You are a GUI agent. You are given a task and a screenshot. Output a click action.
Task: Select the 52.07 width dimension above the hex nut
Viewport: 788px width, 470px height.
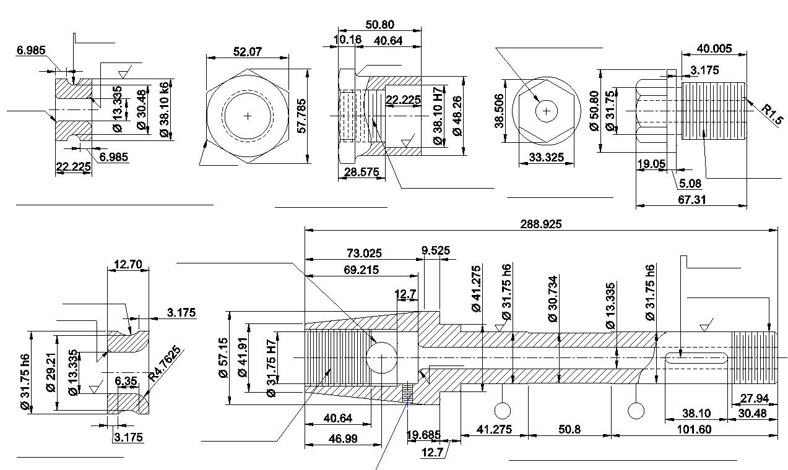coord(248,52)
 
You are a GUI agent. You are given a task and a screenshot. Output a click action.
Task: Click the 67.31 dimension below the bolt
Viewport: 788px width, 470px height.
coord(691,200)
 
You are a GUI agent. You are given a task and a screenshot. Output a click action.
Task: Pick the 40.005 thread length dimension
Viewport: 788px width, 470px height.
coord(714,48)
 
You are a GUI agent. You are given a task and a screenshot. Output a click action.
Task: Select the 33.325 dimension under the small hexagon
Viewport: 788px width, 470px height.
coord(547,158)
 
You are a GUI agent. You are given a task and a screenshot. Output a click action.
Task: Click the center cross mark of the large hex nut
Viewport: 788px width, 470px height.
coord(248,116)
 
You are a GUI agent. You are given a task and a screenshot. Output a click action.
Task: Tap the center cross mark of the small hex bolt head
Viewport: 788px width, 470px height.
coord(546,111)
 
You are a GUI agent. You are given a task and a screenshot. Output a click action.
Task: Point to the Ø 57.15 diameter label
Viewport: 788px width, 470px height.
coord(223,357)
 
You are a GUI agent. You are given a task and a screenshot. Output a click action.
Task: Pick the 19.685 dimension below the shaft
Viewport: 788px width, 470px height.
coord(424,435)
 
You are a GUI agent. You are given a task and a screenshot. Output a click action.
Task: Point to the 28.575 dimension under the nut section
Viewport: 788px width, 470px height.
coord(362,173)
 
